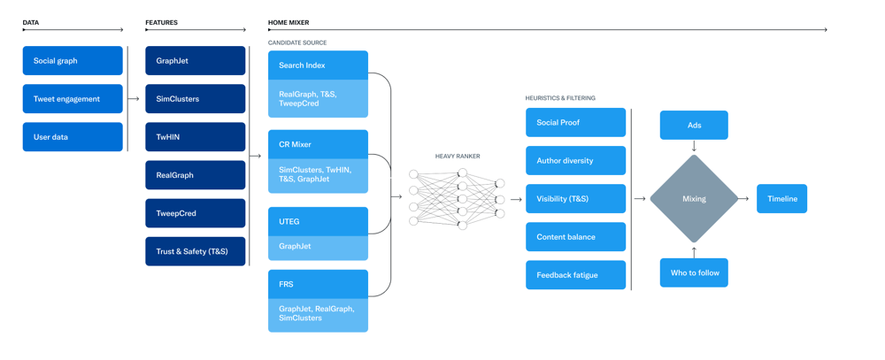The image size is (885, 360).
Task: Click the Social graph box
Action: [x=73, y=60]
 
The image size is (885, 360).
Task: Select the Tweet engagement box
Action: [x=73, y=99]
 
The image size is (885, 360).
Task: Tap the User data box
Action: [x=73, y=136]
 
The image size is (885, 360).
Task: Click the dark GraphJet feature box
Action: [x=196, y=60]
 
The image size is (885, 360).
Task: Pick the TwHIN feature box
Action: [x=196, y=136]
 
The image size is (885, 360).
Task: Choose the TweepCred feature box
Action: [x=196, y=213]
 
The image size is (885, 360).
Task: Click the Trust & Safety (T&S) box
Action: [x=196, y=251]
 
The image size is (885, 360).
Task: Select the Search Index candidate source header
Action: [x=318, y=65]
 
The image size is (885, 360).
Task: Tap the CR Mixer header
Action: [x=318, y=144]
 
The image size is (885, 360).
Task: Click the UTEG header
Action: [x=318, y=221]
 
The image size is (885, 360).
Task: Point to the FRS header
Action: [x=318, y=285]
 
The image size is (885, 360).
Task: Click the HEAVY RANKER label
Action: [x=458, y=157]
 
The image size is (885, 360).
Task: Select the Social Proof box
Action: [x=576, y=122]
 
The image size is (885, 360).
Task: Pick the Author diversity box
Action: [x=576, y=160]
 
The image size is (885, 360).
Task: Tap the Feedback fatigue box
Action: [x=576, y=275]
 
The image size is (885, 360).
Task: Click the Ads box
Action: [x=694, y=125]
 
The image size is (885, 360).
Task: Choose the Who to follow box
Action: [x=694, y=272]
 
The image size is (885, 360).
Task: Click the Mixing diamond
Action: [x=694, y=199]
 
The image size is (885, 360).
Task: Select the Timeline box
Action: [x=781, y=199]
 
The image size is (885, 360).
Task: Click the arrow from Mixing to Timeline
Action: [x=744, y=199]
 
